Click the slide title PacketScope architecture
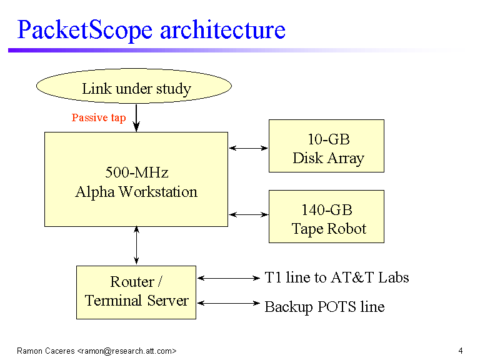(151, 30)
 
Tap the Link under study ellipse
(134, 86)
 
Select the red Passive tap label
(99, 118)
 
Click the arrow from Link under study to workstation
(136, 118)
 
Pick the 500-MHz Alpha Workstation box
(136, 179)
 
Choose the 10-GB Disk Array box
(326, 146)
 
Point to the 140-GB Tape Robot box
(326, 217)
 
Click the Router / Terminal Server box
(136, 292)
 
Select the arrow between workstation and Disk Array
(248, 148)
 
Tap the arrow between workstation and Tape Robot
(248, 214)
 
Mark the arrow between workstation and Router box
(136, 246)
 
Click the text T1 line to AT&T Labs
(337, 277)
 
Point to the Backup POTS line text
(324, 307)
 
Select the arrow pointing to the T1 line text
(229, 278)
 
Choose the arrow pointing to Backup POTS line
(229, 303)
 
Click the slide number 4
(461, 351)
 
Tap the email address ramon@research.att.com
(127, 351)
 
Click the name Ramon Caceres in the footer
(46, 351)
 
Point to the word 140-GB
(327, 210)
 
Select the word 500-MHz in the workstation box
(137, 172)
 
